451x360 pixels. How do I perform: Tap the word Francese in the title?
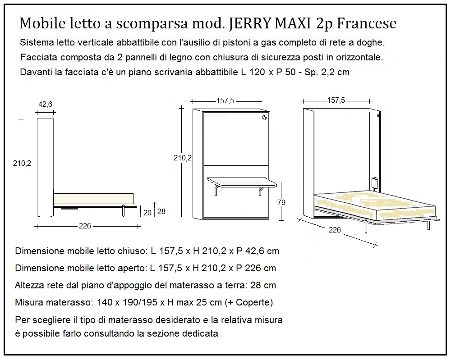pyautogui.click(x=367, y=23)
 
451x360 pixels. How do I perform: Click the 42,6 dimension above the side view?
pyautogui.click(x=45, y=104)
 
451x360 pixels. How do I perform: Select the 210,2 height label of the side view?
pyautogui.click(x=22, y=163)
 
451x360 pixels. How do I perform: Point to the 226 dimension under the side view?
pyautogui.click(x=85, y=226)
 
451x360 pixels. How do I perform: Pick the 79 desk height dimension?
pyautogui.click(x=281, y=202)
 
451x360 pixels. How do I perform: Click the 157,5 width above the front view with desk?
pyautogui.click(x=225, y=101)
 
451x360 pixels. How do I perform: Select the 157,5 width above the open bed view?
pyautogui.click(x=336, y=100)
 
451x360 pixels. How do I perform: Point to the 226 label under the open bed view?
pyautogui.click(x=335, y=230)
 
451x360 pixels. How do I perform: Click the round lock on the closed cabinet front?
pyautogui.click(x=264, y=118)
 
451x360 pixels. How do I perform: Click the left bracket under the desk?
pyautogui.click(x=217, y=191)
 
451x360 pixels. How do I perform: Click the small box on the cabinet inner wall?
pyautogui.click(x=374, y=183)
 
